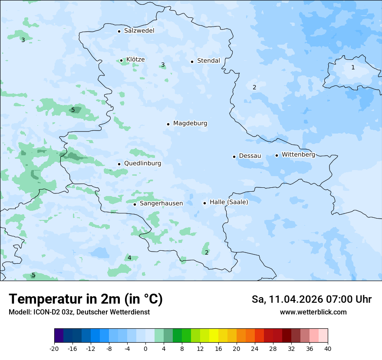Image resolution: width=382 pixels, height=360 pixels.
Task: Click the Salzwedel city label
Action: click(139, 31)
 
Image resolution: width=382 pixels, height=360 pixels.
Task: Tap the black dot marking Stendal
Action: click(192, 61)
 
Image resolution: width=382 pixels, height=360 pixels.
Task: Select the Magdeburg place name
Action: click(190, 124)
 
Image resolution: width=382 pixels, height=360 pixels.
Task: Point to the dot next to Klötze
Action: click(121, 61)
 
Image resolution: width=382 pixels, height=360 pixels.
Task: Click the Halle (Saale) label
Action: click(229, 203)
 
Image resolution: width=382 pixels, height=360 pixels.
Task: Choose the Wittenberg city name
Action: click(298, 155)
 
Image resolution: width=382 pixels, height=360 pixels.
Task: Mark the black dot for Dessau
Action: click(234, 157)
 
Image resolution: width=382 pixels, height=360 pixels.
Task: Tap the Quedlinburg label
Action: click(142, 164)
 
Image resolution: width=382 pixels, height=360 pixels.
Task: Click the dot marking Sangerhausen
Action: click(135, 204)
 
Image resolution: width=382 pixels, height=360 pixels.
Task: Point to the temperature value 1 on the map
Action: click(353, 67)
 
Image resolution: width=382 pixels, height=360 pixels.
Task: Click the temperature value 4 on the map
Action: click(129, 258)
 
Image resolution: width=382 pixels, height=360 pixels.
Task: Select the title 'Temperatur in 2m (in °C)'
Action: click(86, 299)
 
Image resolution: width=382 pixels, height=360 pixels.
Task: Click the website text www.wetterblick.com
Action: click(313, 312)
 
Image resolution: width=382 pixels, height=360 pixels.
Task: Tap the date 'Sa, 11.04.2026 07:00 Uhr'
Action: click(311, 299)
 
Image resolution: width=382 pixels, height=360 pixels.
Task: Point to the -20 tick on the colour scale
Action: click(54, 348)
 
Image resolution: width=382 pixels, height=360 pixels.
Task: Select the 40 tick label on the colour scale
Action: click(328, 348)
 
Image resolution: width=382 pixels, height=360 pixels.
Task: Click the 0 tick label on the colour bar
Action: click(145, 348)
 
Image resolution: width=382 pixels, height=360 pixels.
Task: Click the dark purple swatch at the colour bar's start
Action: click(59, 335)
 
